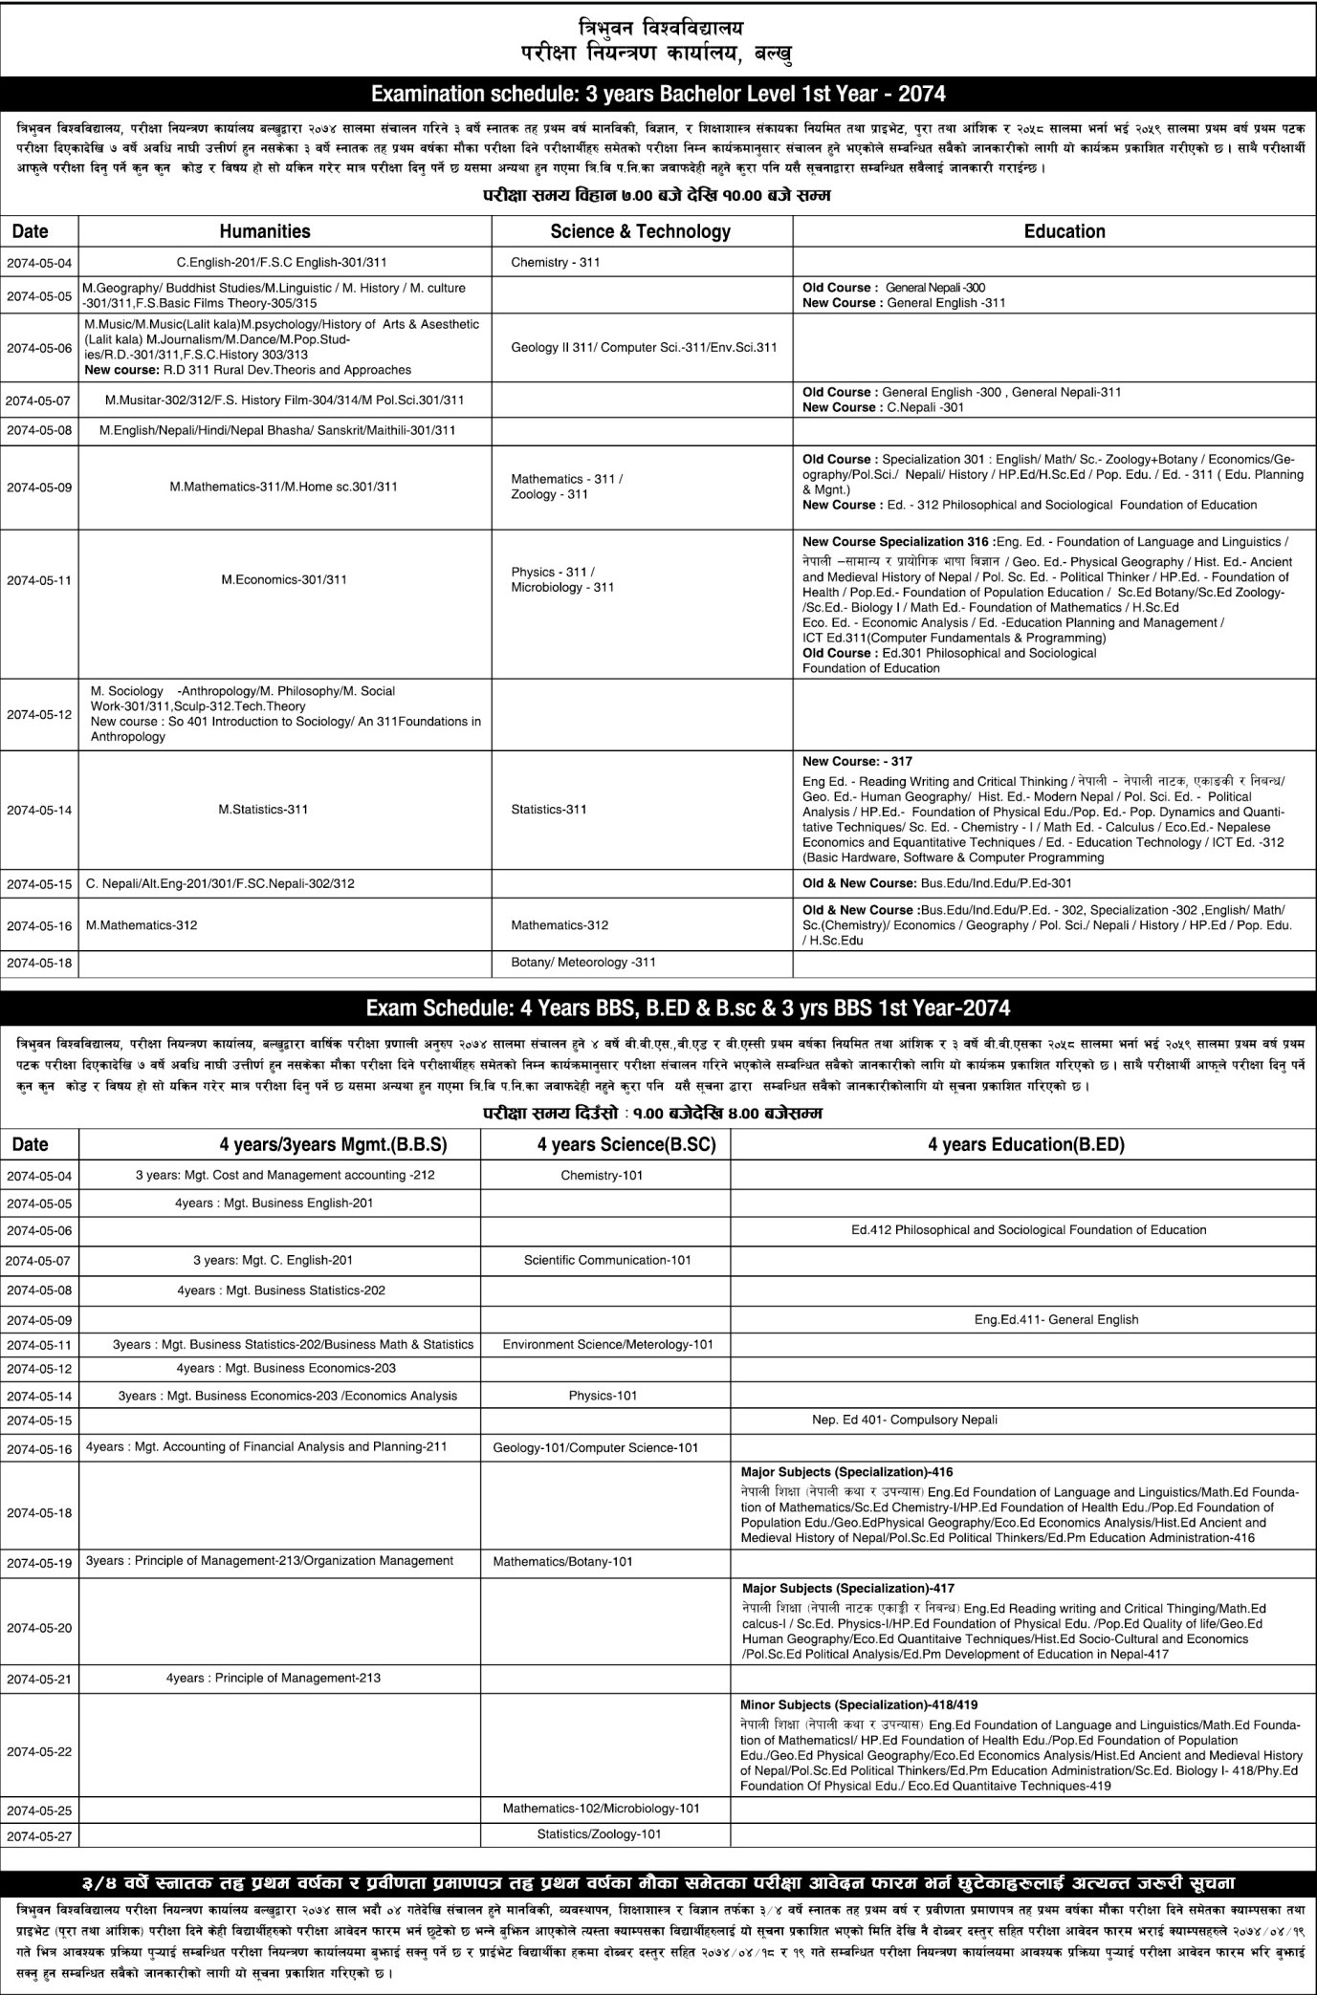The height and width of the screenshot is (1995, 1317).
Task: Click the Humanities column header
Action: coord(265,231)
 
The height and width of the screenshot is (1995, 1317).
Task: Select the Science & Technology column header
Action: coord(640,231)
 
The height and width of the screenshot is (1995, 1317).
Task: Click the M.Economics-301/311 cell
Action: coord(284,579)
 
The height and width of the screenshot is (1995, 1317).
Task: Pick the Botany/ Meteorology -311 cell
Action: coord(583,963)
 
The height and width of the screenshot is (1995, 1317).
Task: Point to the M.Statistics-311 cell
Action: coord(264,810)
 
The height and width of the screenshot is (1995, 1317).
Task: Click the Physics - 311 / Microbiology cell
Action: coord(562,579)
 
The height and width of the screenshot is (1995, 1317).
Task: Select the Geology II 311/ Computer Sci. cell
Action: coord(644,348)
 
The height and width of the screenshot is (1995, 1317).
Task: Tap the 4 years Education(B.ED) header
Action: coord(1025,1144)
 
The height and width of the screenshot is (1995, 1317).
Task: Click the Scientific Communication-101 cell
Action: coord(607,1260)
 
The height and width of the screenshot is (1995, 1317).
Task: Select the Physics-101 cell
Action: coord(603,1396)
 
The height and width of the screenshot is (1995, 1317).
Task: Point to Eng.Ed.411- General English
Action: coord(1056,1319)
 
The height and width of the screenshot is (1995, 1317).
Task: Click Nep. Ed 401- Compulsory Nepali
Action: coord(904,1420)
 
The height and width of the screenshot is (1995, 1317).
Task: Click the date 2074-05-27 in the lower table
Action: coord(39,1836)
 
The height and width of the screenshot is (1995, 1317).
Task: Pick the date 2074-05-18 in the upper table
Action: coord(39,964)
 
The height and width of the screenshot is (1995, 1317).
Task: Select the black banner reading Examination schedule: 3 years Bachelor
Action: coord(658,94)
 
